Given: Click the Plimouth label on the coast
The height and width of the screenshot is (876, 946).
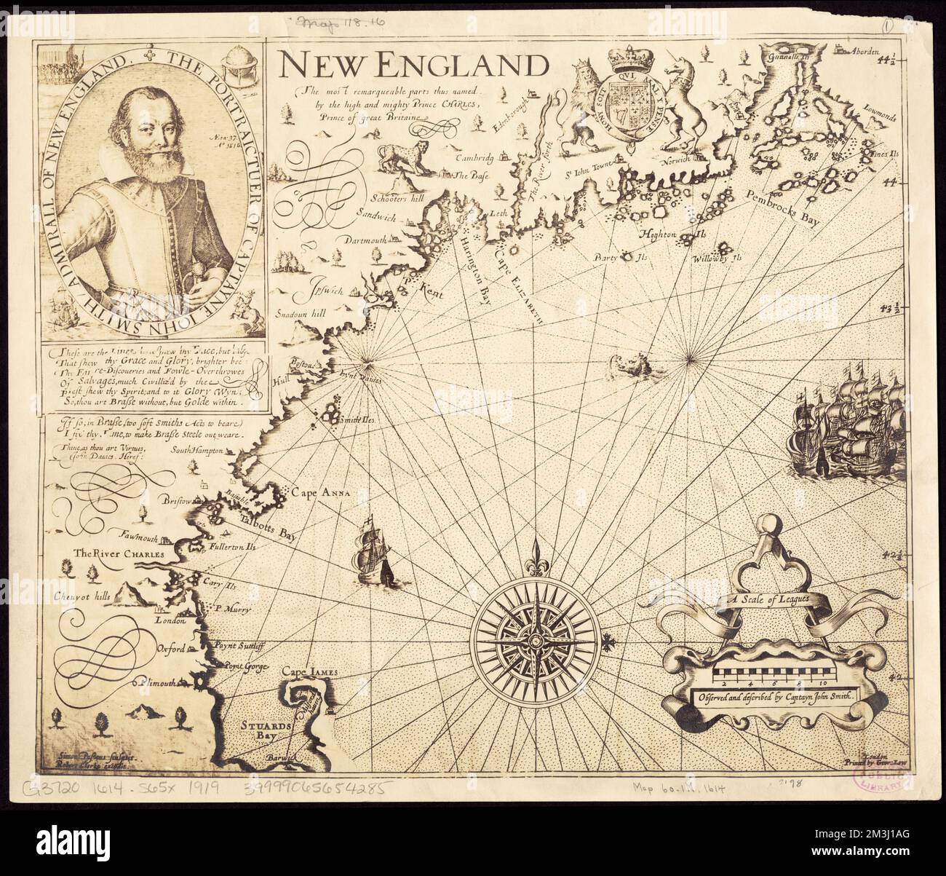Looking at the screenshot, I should click(156, 682).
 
